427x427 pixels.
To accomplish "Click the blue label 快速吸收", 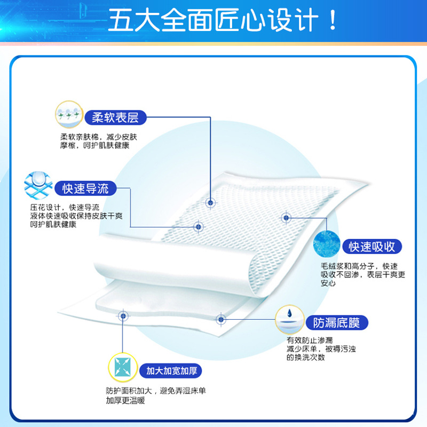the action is point(372,247).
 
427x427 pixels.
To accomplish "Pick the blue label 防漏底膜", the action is point(336,323).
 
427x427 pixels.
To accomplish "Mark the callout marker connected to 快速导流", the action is point(198,226).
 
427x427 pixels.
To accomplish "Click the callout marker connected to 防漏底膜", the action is point(220,320).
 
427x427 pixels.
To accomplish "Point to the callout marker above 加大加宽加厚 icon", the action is point(123,316).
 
